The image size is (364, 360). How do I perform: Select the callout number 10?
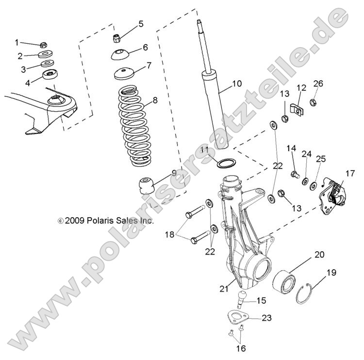236,83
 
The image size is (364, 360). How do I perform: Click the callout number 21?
223,289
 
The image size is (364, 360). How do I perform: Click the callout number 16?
241,348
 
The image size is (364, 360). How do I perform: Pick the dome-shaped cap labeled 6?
119,54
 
